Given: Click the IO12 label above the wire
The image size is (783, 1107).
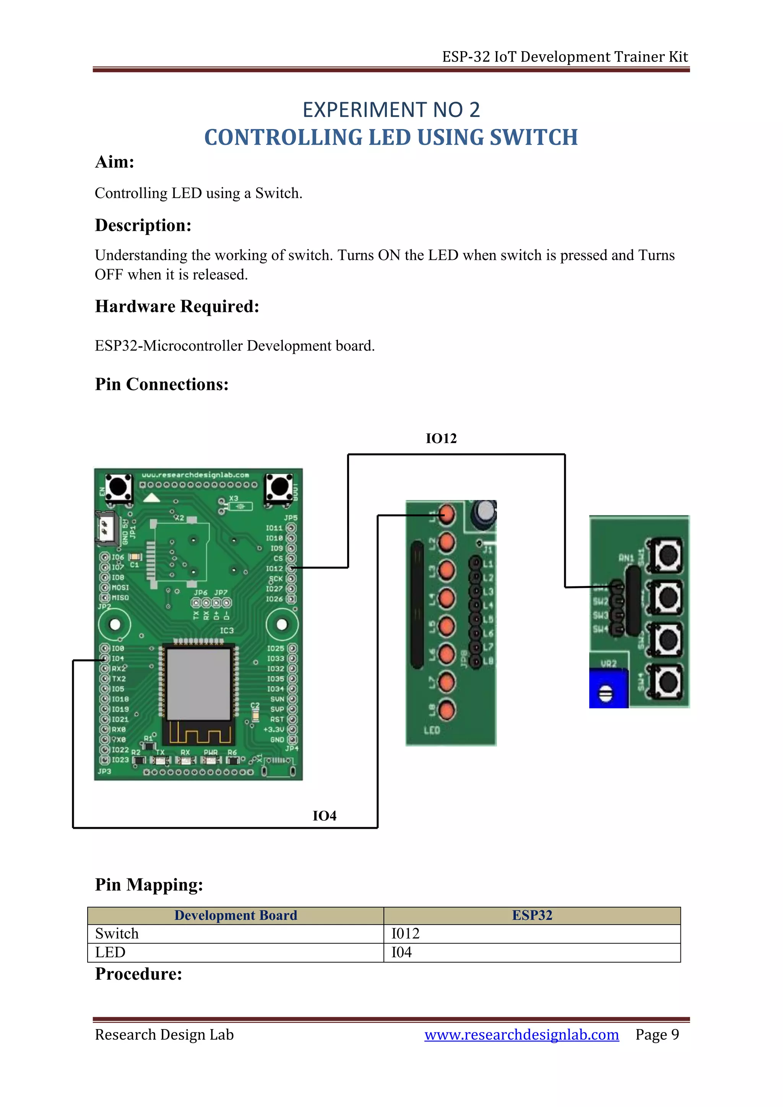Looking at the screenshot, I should tap(441, 438).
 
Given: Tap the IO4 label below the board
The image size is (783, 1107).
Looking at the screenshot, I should tap(325, 816).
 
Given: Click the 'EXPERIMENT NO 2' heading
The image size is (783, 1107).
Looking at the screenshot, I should tap(391, 110).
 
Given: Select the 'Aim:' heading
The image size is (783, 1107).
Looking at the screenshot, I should tap(114, 162).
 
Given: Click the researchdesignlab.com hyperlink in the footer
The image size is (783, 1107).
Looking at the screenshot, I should tap(521, 1035).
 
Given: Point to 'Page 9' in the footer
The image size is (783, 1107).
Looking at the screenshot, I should tap(657, 1035).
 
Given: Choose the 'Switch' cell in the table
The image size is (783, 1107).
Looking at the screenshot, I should tap(117, 934).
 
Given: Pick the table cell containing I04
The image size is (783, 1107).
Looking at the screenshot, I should tap(401, 953).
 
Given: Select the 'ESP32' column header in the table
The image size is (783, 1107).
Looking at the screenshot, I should tap(532, 915).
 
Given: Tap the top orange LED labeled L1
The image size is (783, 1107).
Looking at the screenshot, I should tap(447, 515).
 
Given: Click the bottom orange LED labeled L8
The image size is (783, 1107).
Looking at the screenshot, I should tap(447, 710).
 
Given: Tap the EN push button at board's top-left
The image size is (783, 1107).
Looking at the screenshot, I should tap(118, 487).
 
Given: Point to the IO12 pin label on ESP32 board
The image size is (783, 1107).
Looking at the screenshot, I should tap(275, 568).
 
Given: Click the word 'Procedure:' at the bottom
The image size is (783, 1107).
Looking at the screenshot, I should tap(138, 974).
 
